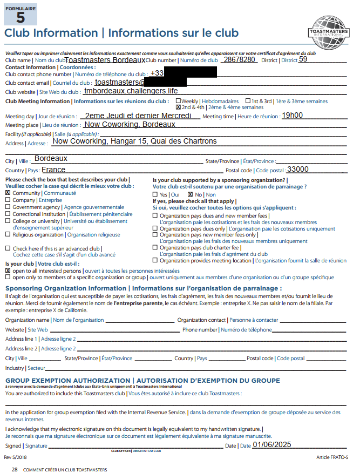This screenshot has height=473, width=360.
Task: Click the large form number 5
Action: click(21, 17)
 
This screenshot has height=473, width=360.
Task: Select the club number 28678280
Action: click(240, 59)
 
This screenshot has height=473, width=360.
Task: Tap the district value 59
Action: click(303, 59)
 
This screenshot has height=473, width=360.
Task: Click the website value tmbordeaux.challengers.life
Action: click(131, 91)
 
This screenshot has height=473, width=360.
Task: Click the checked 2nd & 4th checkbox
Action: click(179, 107)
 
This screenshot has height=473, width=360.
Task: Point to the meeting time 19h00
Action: click(293, 115)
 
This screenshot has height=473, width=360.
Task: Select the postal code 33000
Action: click(298, 169)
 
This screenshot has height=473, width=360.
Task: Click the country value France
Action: click(53, 170)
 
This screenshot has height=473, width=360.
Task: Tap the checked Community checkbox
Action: click(8, 193)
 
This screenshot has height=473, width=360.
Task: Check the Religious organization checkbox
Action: click(8, 235)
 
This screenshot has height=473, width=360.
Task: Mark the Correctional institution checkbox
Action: click(8, 214)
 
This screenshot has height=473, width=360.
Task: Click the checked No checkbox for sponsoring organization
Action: click(190, 194)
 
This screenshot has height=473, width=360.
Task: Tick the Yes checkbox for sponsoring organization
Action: click(155, 194)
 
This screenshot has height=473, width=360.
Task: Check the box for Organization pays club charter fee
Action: click(155, 248)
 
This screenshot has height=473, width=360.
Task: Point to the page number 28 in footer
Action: click(15, 470)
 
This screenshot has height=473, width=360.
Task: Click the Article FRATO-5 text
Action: click(332, 457)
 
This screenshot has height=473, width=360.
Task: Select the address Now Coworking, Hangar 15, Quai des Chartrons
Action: click(134, 141)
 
